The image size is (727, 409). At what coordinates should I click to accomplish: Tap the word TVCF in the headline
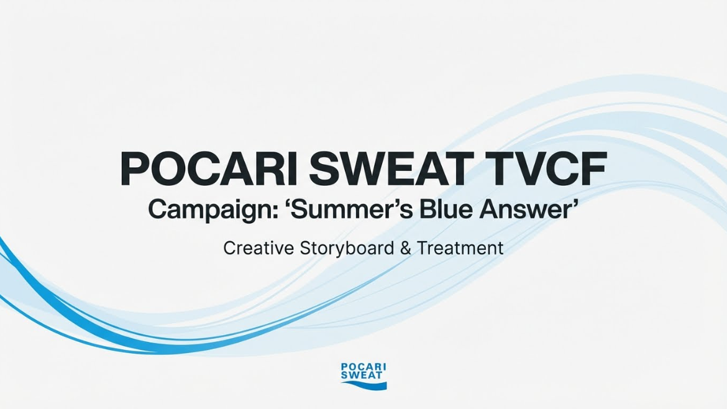pyautogui.click(x=542, y=168)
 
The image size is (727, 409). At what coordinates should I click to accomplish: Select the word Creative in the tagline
pyautogui.click(x=258, y=248)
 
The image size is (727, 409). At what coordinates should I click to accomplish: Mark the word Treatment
pyautogui.click(x=460, y=248)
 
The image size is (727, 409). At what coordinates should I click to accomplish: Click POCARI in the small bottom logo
pyautogui.click(x=363, y=367)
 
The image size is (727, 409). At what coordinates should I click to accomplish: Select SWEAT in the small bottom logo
pyautogui.click(x=362, y=375)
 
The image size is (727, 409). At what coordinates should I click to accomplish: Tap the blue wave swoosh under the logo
pyautogui.click(x=364, y=384)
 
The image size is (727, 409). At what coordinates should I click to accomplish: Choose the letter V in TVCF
pyautogui.click(x=526, y=168)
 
